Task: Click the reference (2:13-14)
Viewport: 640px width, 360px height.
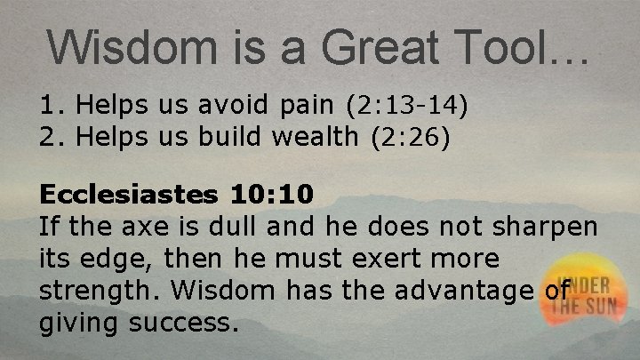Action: click(x=408, y=108)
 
